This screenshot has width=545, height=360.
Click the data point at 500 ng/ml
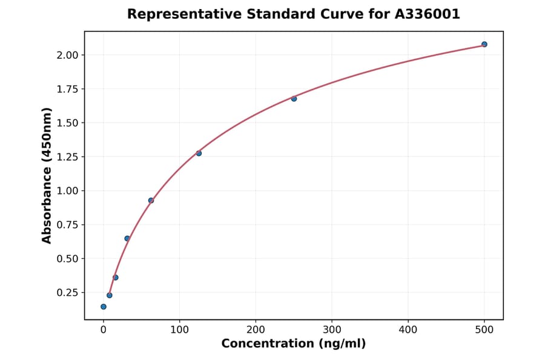tap(484, 44)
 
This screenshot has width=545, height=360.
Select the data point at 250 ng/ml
tap(294, 99)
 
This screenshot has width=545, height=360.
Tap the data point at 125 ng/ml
tap(199, 153)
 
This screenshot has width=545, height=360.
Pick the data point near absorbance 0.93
tap(151, 201)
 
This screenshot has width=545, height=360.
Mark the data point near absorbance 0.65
tap(127, 238)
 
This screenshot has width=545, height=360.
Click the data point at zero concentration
tap(104, 307)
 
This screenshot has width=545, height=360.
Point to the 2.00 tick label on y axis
tap(67, 55)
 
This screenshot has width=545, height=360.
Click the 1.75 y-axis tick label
tap(67, 89)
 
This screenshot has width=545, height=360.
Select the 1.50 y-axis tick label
tap(67, 123)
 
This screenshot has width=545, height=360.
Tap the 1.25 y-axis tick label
tap(67, 157)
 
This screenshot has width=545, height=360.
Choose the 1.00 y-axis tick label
tap(67, 191)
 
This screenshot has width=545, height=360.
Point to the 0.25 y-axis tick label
tap(67, 293)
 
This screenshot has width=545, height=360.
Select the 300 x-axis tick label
tap(332, 330)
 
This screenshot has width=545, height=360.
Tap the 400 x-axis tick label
tap(408, 330)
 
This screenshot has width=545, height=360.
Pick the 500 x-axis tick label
tap(484, 330)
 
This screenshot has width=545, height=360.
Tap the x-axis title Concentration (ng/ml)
tap(294, 344)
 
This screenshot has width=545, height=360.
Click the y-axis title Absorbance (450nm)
tap(47, 175)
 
